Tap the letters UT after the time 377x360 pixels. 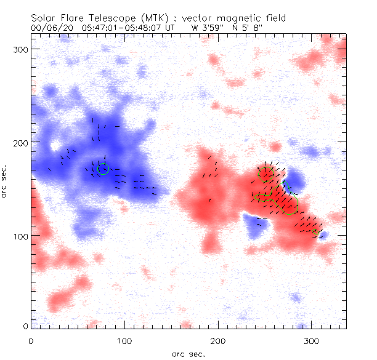(x=176, y=28)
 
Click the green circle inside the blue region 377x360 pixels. (x=103, y=169)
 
